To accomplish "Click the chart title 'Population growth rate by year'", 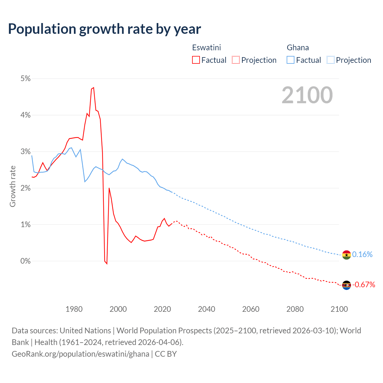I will pos(104,29).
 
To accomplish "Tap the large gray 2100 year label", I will pos(307,95).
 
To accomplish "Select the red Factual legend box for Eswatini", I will pos(196,60).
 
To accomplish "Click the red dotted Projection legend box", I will pos(236,60).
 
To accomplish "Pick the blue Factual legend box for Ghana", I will pos(291,60).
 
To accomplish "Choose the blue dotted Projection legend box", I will pos(331,60).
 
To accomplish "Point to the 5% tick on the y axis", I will pos(25,78).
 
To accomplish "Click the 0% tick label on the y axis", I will pos(25,261).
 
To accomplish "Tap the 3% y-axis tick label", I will pos(25,151).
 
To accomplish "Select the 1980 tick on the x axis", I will pos(74,309).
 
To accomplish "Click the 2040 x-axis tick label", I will pos(206,309).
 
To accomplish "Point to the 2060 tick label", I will pos(251,309).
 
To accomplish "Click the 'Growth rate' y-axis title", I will pos(13,186).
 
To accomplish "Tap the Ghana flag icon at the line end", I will pos(346,255).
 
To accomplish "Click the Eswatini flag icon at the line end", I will pos(346,285).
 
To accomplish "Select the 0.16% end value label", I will pos(362,254).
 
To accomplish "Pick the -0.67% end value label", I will pos(364,285).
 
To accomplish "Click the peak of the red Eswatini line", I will pos(94,87).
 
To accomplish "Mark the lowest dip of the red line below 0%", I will pos(107,264).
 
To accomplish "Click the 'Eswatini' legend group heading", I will pos(206,48).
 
